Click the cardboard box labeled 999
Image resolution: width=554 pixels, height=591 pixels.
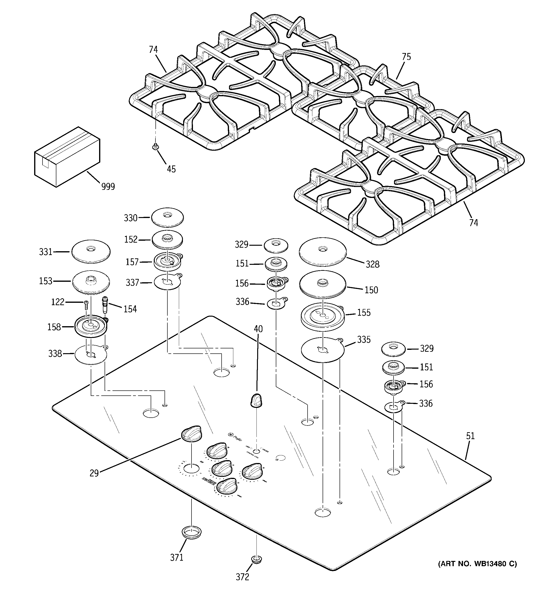click(x=67, y=157)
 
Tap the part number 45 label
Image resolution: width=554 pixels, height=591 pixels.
click(x=171, y=169)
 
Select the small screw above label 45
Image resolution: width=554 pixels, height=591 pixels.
click(x=155, y=146)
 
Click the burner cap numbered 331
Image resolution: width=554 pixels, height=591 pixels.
click(x=91, y=251)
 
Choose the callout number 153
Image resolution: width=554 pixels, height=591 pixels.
click(x=46, y=281)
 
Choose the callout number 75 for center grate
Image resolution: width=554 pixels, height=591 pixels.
click(x=406, y=57)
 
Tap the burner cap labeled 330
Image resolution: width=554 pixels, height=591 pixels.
click(x=167, y=217)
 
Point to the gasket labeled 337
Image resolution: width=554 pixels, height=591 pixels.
click(x=167, y=282)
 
